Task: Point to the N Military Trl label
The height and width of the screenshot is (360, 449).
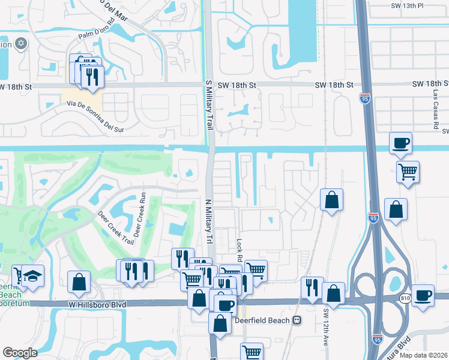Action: point(209,221)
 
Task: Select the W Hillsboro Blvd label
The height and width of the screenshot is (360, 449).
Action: point(98,305)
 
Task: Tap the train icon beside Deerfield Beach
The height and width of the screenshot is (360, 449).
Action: point(297,320)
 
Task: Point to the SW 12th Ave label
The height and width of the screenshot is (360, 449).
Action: point(327,328)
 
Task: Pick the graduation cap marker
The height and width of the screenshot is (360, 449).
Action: point(32,275)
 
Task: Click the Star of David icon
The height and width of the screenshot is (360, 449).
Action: point(22,44)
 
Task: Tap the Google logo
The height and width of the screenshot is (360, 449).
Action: point(20,352)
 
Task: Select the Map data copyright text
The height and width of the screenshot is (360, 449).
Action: point(423,355)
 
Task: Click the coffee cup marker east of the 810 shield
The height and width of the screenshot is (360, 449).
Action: point(423,295)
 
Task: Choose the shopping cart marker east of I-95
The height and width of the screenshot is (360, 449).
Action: point(408,172)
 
